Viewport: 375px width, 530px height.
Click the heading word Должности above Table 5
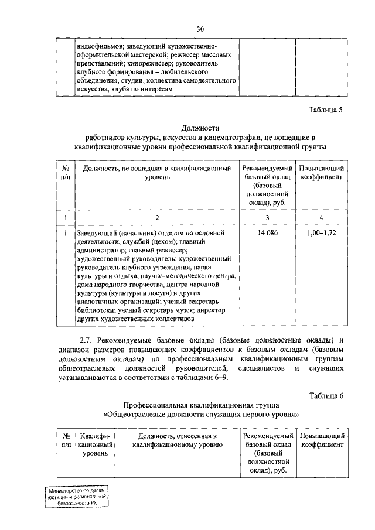pyautogui.click(x=200, y=128)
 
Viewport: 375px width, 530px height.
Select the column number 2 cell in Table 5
pyautogui.click(x=156, y=218)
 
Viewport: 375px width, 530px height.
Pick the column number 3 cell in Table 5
pyautogui.click(x=267, y=218)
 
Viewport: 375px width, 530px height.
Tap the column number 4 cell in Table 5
pyautogui.click(x=321, y=218)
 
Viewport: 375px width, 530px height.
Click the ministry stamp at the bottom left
pyautogui.click(x=79, y=498)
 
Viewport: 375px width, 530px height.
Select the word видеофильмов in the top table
pyautogui.click(x=99, y=46)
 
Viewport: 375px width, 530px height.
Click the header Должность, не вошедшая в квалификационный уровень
pyautogui.click(x=156, y=172)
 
